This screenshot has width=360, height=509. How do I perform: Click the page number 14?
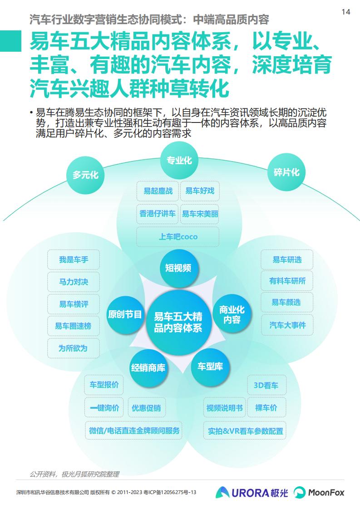pos(346,12)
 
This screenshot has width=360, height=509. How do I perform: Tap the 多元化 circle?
pos(85,175)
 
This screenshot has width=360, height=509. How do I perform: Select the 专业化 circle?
pos(179,160)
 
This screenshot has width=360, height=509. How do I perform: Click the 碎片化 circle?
pos(286,172)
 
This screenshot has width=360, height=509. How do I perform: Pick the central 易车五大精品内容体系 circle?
pos(178,322)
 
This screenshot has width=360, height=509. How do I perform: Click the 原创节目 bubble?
pos(125,314)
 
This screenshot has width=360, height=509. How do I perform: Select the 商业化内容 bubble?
pos(232,314)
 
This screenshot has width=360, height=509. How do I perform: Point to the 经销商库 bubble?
pos(148,368)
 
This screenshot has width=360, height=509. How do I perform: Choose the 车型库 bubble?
pos(210,367)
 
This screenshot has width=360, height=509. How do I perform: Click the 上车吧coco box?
pos(178,237)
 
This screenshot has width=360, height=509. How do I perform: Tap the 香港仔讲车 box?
pos(157,214)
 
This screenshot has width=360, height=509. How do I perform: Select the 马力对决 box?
pos(74,282)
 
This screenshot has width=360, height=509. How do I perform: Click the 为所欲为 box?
pos(74,348)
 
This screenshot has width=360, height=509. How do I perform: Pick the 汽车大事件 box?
pos(287,325)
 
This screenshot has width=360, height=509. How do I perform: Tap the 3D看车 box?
pos(267,385)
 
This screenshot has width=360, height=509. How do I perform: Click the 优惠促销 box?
pos(147,408)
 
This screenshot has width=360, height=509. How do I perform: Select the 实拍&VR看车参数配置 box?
pos(245,431)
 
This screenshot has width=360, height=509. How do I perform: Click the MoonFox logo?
pos(319,493)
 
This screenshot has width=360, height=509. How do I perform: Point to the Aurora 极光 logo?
pos(252,493)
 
